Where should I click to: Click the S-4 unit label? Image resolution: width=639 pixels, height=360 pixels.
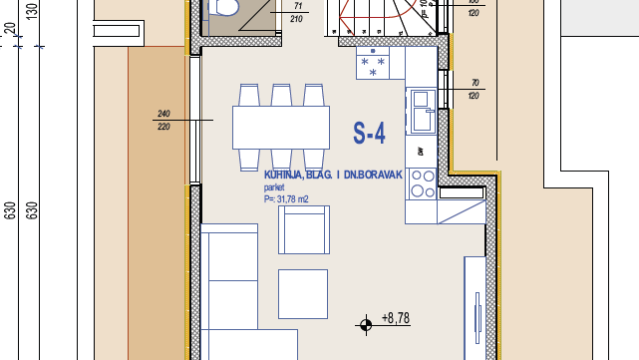tap(369, 132)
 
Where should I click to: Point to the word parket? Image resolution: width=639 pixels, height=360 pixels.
tap(274, 186)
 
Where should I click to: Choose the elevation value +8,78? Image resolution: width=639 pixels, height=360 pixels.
tap(396, 319)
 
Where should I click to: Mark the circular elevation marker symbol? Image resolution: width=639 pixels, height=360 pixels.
tap(366, 323)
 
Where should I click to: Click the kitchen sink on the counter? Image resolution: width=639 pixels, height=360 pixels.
tap(420, 100)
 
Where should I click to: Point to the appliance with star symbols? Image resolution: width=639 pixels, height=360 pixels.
tap(374, 66)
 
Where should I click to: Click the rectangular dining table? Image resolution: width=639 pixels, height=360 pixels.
tap(281, 126)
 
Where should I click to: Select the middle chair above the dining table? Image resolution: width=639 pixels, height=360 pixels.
tap(281, 96)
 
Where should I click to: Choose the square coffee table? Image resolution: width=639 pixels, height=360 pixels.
tap(302, 294)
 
